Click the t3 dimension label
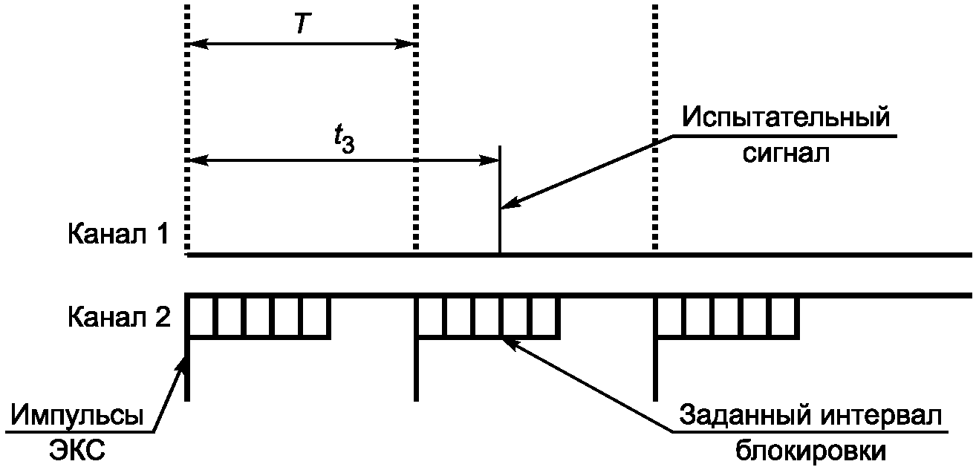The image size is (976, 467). [343, 140]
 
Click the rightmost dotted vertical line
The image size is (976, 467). [654, 126]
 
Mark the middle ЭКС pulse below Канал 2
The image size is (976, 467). [415, 368]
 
